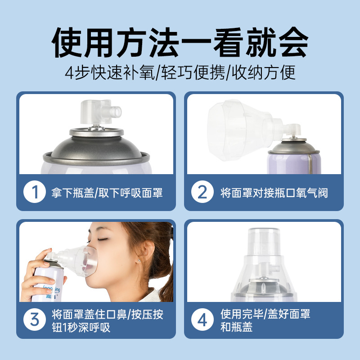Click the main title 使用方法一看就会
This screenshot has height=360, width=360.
coord(180,43)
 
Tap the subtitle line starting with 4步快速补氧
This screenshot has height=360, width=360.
coord(180,72)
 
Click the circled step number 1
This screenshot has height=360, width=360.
coord(34,193)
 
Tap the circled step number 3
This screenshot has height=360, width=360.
coord(34,320)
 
